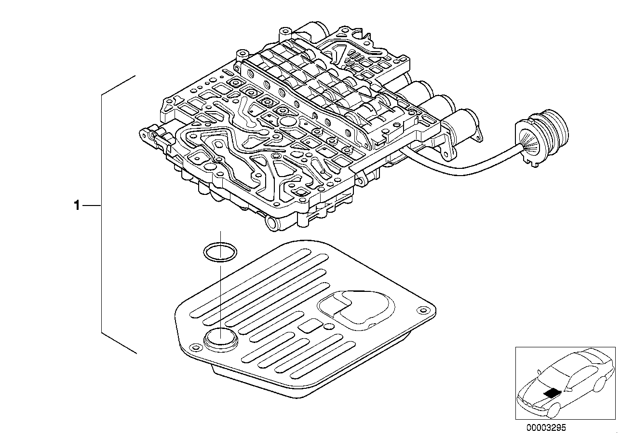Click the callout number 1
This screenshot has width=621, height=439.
[76, 206]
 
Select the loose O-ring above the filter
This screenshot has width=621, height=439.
[220, 253]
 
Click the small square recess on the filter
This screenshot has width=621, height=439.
[307, 327]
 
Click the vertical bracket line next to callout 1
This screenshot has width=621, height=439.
[101, 212]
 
